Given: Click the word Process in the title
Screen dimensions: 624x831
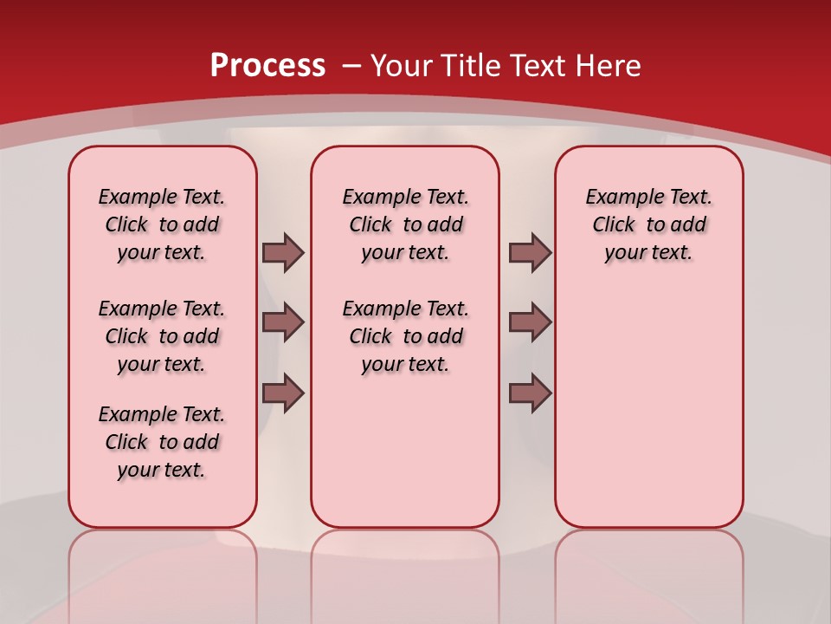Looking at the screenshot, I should pos(267,66).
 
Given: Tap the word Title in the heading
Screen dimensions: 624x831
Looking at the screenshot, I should pos(473,66).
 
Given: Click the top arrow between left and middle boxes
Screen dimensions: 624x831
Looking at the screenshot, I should pos(283,252).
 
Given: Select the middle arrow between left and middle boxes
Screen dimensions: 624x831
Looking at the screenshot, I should pos(283,322).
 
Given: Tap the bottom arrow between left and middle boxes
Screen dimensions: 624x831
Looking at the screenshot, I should pos(283,393).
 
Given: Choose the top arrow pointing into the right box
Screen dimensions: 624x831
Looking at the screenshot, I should pos(530,252).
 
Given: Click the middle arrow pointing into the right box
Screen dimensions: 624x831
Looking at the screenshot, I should pos(530,322).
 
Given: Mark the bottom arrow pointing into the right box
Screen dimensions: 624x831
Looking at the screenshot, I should pos(530,393).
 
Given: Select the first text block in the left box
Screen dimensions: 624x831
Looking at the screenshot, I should pos(162,224).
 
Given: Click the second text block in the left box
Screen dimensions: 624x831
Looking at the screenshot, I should pos(162,336).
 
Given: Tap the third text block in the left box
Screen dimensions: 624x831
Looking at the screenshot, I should pos(162,442).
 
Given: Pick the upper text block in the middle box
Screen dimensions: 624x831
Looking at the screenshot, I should pos(405,224).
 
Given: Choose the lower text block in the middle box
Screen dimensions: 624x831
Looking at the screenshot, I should pos(405,336).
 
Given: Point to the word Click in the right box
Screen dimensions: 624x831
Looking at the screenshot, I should pos(614,225).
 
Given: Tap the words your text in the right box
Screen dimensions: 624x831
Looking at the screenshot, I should pos(648,253).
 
